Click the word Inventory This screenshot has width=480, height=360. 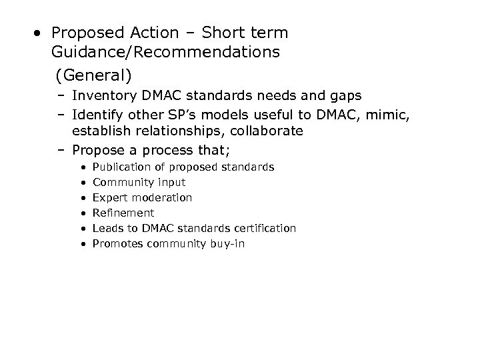pos(105,96)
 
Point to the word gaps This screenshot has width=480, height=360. pos(344,96)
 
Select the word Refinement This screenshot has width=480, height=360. pos(123,213)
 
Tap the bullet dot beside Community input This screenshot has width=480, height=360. pos(81,182)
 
